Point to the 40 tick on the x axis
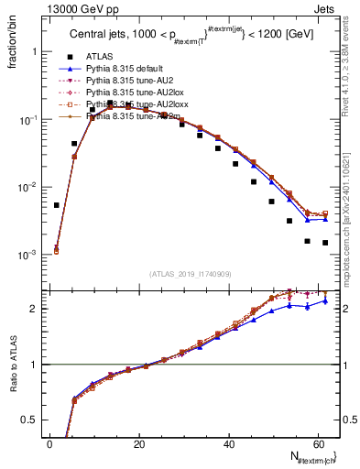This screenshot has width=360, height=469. pos(228,444)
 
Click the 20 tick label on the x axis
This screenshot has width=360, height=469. pos(139,444)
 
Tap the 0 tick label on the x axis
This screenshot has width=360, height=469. pos(50,444)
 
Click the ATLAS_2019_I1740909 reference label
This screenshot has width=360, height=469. pos(190,274)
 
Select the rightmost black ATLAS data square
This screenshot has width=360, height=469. pos(325,243)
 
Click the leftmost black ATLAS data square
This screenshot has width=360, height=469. pos(57,205)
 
